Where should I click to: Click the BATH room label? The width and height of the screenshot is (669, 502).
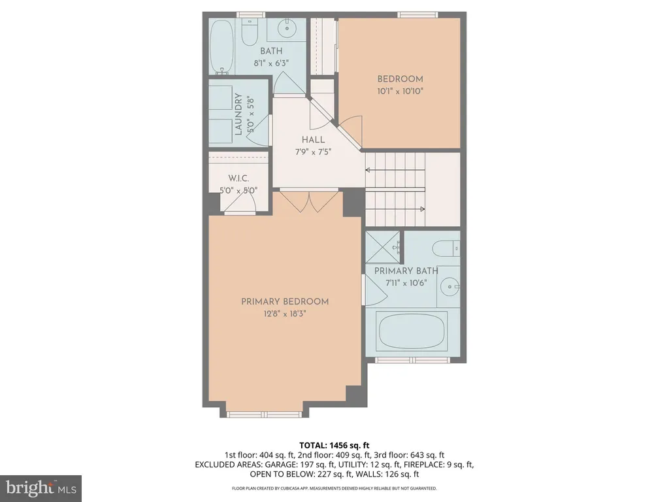[x=271, y=51]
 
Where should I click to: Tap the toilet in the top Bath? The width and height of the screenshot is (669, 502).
[x=249, y=31]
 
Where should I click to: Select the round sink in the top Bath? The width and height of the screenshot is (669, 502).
[x=286, y=28]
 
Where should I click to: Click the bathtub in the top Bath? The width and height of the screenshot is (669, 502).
[x=221, y=46]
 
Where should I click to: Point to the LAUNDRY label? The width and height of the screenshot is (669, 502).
[x=238, y=114]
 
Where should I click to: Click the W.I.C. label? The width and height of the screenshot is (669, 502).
[x=238, y=178]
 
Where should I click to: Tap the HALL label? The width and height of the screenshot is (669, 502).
[x=313, y=140]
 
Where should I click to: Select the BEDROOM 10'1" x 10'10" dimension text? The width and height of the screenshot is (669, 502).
[x=400, y=91]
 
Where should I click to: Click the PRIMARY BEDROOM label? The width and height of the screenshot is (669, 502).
[x=285, y=301]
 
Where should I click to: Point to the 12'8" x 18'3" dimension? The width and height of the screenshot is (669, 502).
[x=285, y=314]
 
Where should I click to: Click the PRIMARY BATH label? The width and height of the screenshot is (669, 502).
[x=406, y=271]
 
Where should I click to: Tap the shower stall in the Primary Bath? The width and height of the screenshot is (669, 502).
[x=383, y=247]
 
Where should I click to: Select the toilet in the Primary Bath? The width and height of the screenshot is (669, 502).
[x=446, y=248]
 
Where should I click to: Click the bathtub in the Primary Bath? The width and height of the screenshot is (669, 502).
[x=412, y=331]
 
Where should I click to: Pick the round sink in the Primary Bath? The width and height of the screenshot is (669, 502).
[x=449, y=286]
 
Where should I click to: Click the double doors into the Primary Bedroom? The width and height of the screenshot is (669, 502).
[x=309, y=201]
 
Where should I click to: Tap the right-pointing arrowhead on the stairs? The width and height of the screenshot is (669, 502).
[x=423, y=209]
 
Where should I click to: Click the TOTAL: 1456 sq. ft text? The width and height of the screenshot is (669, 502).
[x=334, y=446]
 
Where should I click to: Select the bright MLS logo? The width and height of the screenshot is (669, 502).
[x=41, y=488]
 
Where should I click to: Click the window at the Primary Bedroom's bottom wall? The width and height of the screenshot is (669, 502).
[x=264, y=414]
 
